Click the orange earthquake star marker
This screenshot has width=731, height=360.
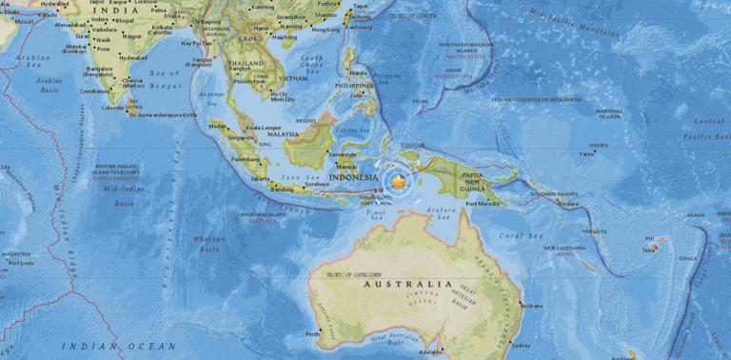398,180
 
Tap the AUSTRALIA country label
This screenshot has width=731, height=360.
405,284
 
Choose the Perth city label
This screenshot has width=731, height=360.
313,334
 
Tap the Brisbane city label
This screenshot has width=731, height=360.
531,306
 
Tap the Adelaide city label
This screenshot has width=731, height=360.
429,350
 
